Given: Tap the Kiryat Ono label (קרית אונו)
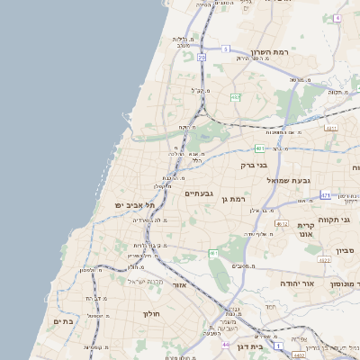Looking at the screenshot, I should pos(305,229).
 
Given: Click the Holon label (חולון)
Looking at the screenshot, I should pos(150,314).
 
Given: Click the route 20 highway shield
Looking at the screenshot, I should pos(202,58).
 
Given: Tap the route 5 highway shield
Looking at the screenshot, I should pos(226,49).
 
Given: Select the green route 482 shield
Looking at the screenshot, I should pos(235,97).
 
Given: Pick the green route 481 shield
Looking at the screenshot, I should pos(259,148).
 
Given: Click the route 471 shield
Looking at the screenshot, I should pos(324,194).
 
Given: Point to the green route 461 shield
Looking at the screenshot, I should pos(212,255).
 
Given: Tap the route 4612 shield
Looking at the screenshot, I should pos(282,224).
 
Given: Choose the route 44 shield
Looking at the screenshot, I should pos(225,344).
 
